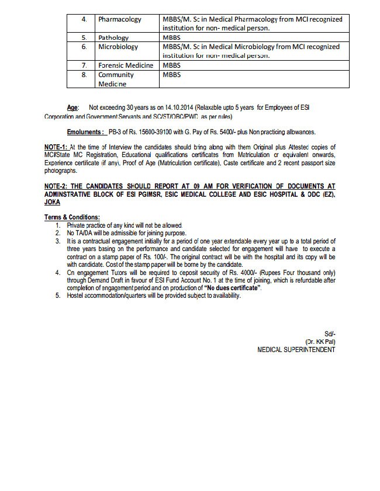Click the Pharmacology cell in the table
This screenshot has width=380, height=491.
click(x=119, y=19)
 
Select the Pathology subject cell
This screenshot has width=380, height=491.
click(x=113, y=37)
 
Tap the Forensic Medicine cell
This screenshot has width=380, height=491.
click(x=126, y=65)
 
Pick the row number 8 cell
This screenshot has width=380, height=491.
click(x=84, y=75)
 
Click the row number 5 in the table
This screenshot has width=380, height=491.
click(x=84, y=37)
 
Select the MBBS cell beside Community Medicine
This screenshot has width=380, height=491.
click(x=172, y=75)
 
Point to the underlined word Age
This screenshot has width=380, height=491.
click(x=72, y=108)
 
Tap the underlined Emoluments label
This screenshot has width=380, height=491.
click(x=86, y=132)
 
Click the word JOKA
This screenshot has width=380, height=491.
click(x=52, y=201)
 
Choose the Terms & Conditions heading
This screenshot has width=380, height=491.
click(x=72, y=217)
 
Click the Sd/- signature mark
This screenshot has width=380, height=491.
click(x=330, y=333)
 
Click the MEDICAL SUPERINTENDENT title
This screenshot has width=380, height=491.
click(x=296, y=350)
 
